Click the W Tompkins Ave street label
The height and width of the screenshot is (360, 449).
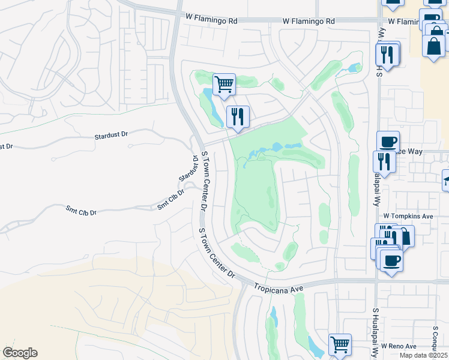click(408, 216)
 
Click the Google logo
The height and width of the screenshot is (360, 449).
click(20, 353)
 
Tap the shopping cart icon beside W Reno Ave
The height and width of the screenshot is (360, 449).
click(340, 344)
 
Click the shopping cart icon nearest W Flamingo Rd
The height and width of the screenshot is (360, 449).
click(224, 84)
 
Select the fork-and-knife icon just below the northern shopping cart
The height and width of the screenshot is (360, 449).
click(238, 116)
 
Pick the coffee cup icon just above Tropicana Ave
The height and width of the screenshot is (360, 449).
click(391, 260)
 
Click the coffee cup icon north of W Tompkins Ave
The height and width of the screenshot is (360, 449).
click(388, 142)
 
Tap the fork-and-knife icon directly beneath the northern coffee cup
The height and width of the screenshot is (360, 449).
click(384, 161)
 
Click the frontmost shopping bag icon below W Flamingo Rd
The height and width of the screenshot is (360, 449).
click(433, 46)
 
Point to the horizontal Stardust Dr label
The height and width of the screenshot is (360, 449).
click(112, 136)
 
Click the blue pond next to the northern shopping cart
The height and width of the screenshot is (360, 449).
click(208, 96)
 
